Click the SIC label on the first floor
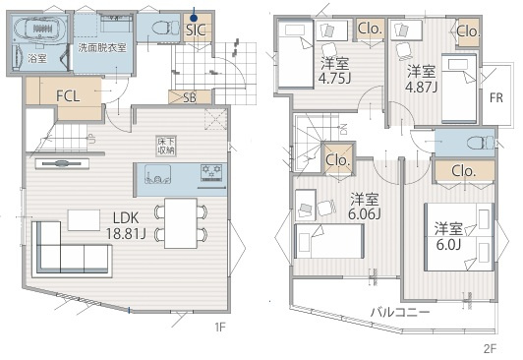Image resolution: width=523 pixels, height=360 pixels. [x=196, y=30]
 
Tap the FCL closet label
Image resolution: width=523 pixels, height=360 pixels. [x=68, y=96]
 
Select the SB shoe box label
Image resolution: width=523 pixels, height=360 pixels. [x=190, y=97]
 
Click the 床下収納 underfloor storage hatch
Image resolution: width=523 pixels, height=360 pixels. [x=166, y=146]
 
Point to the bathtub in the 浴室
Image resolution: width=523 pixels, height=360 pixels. [x=39, y=29]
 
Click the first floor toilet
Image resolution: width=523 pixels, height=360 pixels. [x=166, y=28]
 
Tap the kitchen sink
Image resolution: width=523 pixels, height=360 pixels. [x=157, y=174]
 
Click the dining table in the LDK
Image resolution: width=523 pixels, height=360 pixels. [x=181, y=223]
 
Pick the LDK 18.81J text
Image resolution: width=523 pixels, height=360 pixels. [x=126, y=226]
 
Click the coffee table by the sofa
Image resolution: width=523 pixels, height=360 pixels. [x=84, y=220]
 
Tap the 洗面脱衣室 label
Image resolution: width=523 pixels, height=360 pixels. [x=102, y=48]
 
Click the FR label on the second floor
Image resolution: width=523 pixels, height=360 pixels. [x=496, y=97]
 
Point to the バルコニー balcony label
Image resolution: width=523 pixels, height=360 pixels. [x=400, y=312]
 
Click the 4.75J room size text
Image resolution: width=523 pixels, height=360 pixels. [x=334, y=79]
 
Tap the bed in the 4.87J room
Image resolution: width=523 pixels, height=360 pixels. [x=459, y=89]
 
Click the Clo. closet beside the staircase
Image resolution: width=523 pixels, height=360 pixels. [x=338, y=158]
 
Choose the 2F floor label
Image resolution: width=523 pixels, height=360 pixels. [x=490, y=349]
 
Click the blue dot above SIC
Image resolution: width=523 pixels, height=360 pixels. [x=194, y=18]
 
